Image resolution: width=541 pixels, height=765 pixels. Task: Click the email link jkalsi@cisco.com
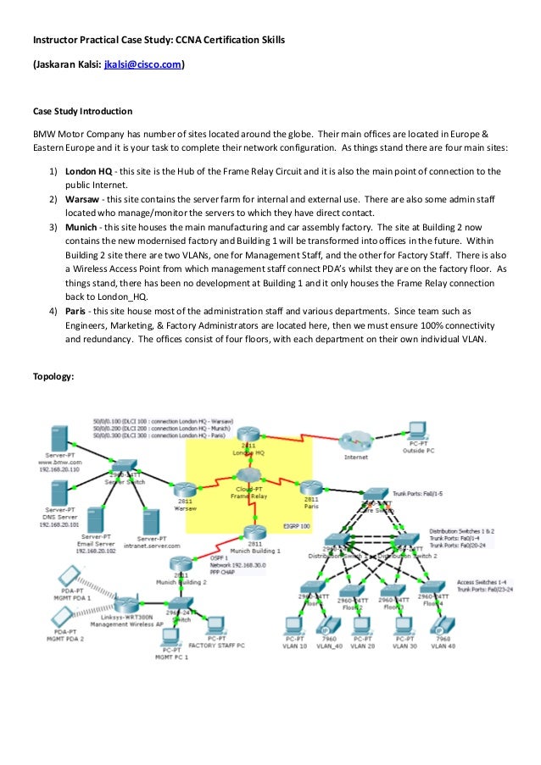pos(142,64)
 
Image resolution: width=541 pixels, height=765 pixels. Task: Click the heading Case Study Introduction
pos(82,110)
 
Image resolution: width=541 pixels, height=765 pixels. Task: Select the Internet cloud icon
pos(355,441)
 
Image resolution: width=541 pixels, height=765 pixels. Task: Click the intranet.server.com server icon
pos(150,519)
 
